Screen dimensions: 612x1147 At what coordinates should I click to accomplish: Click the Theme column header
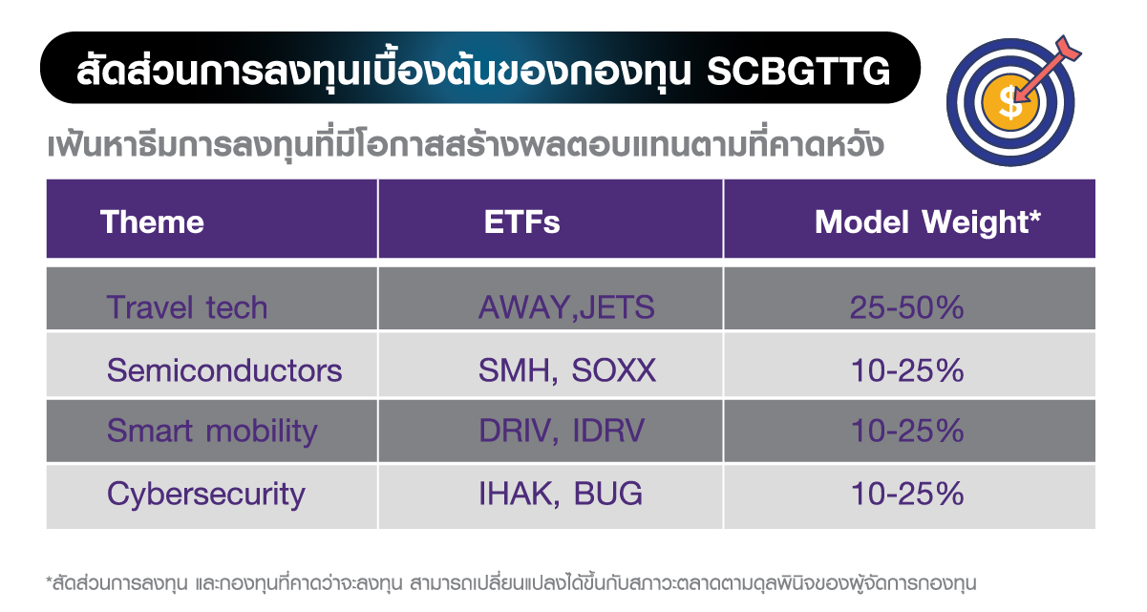pyautogui.click(x=152, y=222)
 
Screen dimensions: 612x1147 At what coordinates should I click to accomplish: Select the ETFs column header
pyautogui.click(x=521, y=222)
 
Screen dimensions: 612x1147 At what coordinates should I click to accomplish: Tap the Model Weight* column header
pyautogui.click(x=926, y=222)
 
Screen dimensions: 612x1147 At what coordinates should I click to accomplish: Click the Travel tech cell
pyautogui.click(x=187, y=307)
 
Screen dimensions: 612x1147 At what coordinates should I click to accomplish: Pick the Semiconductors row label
pyautogui.click(x=224, y=370)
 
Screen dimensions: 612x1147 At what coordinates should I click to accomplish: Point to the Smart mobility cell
pyautogui.click(x=212, y=431)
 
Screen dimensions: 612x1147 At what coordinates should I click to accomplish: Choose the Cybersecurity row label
pyautogui.click(x=206, y=494)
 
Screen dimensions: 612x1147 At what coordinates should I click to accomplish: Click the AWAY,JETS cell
pyautogui.click(x=566, y=307)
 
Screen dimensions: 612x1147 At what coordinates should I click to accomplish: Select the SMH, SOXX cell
pyautogui.click(x=566, y=370)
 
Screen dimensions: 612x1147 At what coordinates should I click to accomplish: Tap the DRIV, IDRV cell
pyautogui.click(x=562, y=431)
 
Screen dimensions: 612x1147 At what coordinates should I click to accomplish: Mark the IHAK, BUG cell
pyautogui.click(x=560, y=494)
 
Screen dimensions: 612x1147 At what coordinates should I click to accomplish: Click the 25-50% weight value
pyautogui.click(x=906, y=307)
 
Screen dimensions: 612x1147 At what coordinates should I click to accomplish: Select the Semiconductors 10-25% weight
pyautogui.click(x=906, y=370)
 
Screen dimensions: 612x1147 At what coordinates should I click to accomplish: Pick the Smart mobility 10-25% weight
pyautogui.click(x=906, y=431)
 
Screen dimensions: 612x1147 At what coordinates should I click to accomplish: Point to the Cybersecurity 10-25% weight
pyautogui.click(x=906, y=494)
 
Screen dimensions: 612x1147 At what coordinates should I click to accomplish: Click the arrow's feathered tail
pyautogui.click(x=1067, y=48)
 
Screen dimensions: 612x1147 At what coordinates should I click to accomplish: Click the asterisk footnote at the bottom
pyautogui.click(x=510, y=581)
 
